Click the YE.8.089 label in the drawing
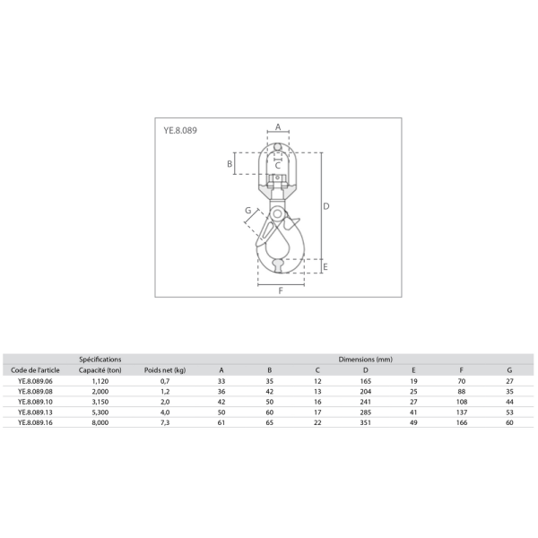point(180,130)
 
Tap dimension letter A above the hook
point(278,127)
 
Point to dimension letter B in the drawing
point(230,164)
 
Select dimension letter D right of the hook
point(326,206)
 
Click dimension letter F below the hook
point(281,291)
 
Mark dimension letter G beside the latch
point(248,211)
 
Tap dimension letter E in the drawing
point(325,266)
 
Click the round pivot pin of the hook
point(277,214)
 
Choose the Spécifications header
point(100,360)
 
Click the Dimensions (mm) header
point(366,360)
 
